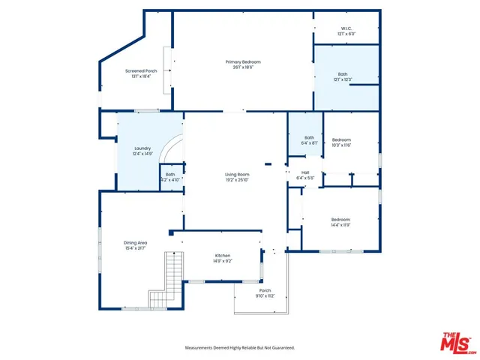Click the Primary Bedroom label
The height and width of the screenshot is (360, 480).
pos(243,61)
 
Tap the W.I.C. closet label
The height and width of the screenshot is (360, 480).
pos(346,29)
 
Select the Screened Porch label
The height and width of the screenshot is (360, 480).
pos(140,71)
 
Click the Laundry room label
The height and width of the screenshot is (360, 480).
pos(142,148)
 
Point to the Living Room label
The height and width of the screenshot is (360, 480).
pos(237,174)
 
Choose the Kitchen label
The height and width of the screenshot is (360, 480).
pos(223,256)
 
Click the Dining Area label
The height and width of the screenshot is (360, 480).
pos(135,242)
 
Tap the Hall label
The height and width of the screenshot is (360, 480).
pos(305,172)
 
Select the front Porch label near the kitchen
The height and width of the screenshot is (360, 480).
pos(265,290)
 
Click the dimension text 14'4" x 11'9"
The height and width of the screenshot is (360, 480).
pos(341,224)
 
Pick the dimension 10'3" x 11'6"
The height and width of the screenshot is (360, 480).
pos(341,145)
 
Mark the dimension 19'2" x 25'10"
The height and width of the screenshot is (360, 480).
pos(237,179)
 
